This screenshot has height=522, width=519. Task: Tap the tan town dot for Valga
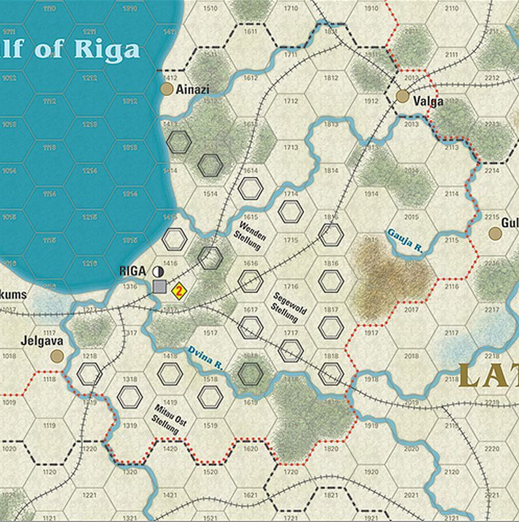[403, 97]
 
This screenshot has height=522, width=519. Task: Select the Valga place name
[428, 101]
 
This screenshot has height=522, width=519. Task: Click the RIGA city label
[133, 271]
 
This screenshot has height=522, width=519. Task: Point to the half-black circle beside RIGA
[158, 271]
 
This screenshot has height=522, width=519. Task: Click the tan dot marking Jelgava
[57, 356]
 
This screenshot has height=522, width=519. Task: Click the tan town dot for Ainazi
[167, 89]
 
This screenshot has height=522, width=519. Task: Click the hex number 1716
[291, 286]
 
